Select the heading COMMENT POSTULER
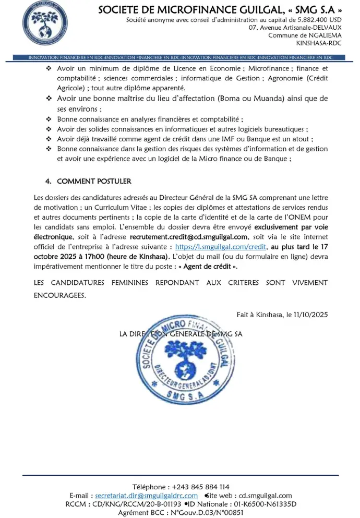[94, 181]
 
